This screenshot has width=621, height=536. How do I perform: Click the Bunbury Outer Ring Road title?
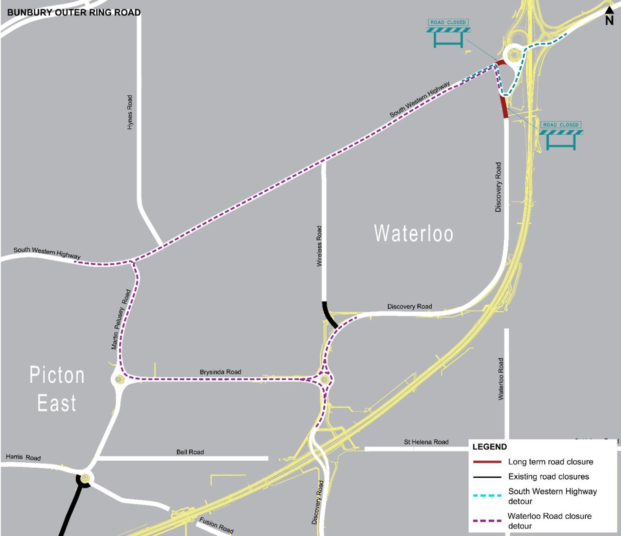pyautogui.click(x=74, y=12)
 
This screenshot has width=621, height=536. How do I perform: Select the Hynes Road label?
pyautogui.click(x=130, y=112)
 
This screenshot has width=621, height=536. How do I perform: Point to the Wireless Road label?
pyautogui.click(x=319, y=246)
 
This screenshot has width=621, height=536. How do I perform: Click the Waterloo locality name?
pyautogui.click(x=413, y=233)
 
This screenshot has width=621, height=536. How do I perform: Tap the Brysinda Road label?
pyautogui.click(x=220, y=372)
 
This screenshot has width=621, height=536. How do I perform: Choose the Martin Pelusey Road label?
pyautogui.click(x=121, y=320)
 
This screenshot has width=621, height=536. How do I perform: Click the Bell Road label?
pyautogui.click(x=190, y=452)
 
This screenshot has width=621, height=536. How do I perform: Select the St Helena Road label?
pyautogui.click(x=426, y=442)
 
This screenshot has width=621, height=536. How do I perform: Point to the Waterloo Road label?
pyautogui.click(x=501, y=379)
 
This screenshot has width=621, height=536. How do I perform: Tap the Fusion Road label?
pyautogui.click(x=216, y=525)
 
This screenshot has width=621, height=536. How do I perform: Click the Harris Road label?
pyautogui.click(x=23, y=457)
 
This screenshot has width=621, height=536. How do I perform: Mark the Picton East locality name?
pyautogui.click(x=57, y=389)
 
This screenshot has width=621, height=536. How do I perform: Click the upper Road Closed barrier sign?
pyautogui.click(x=448, y=33)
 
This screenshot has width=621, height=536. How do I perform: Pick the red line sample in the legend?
pyautogui.click(x=487, y=462)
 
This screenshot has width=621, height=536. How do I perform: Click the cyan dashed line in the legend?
pyautogui.click(x=487, y=495)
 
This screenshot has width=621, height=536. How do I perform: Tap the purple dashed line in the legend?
pyautogui.click(x=487, y=521)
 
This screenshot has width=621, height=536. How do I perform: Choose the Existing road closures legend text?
pyautogui.click(x=548, y=477)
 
